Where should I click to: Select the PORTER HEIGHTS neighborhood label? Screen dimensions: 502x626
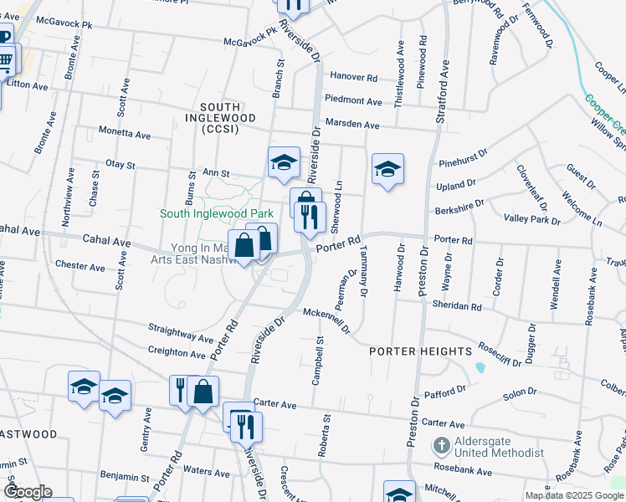[421, 351]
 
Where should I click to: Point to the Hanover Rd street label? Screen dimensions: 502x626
[353, 77]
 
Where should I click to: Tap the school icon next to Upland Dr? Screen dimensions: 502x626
[387, 170]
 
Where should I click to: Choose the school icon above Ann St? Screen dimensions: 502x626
[284, 162]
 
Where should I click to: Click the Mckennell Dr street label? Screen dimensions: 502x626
[326, 319]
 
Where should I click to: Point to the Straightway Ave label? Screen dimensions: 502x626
[181, 332]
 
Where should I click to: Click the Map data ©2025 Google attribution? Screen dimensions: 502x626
[573, 495]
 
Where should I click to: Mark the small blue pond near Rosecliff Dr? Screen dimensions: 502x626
[480, 366]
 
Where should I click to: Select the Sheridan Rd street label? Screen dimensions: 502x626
[457, 307]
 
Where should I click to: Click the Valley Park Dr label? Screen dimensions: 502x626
[531, 218]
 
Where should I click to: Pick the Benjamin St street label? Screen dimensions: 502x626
[126, 475]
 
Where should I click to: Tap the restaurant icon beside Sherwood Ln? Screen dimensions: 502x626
[310, 218]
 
